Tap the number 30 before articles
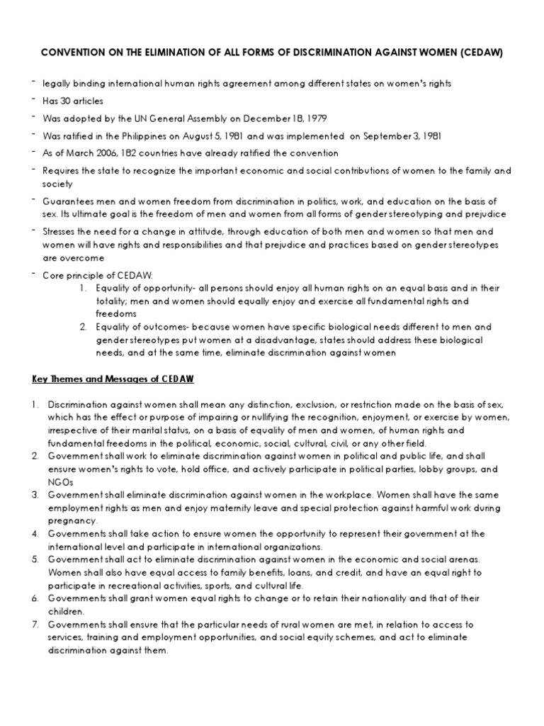pyautogui.click(x=67, y=101)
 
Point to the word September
pyautogui.click(x=338, y=135)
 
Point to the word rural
pyautogui.click(x=273, y=624)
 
